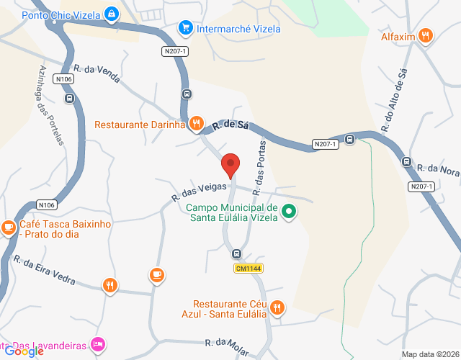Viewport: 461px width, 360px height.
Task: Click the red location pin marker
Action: (x=230, y=165)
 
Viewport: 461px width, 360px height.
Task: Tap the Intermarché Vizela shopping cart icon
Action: (x=186, y=29)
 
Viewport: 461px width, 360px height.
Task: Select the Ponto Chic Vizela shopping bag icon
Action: (x=111, y=14)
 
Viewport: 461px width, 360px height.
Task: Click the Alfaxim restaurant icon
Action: (x=426, y=35)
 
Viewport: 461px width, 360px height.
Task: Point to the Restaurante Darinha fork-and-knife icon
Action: (x=195, y=125)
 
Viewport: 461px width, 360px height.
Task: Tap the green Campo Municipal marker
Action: (x=288, y=212)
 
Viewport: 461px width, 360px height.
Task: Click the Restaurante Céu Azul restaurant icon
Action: (x=277, y=308)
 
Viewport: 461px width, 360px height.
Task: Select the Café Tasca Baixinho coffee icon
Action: (x=9, y=228)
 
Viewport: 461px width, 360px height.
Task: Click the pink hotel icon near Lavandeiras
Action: (x=99, y=344)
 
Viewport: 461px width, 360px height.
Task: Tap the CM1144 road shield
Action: (x=247, y=269)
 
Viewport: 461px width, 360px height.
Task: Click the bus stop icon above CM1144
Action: (x=236, y=253)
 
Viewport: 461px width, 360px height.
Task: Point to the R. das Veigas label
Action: (x=194, y=190)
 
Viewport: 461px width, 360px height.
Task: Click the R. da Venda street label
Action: (x=97, y=73)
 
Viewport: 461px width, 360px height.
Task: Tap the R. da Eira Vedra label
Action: (x=45, y=271)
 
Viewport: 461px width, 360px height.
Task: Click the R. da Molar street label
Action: (x=226, y=348)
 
